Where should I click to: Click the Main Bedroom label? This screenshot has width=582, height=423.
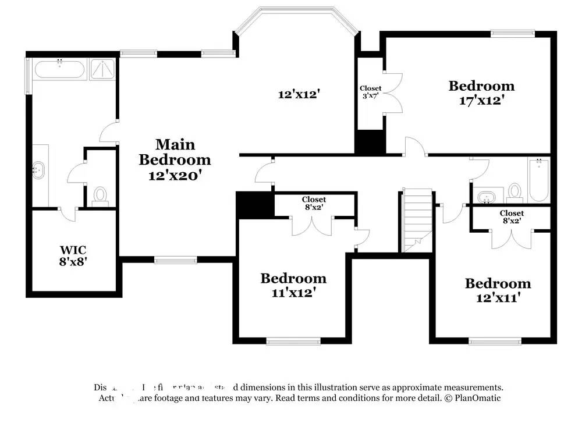tap(175, 151)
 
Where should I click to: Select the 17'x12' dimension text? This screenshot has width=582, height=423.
tap(481, 100)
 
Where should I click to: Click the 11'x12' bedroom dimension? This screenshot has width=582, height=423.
tap(293, 293)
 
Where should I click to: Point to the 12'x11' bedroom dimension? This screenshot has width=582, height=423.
tap(498, 298)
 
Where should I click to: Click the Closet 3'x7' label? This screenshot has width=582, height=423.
tap(370, 92)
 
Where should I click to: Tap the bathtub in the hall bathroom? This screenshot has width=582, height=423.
tap(538, 179)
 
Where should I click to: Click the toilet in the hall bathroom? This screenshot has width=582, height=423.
tap(514, 191)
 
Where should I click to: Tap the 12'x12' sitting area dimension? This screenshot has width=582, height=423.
tap(300, 94)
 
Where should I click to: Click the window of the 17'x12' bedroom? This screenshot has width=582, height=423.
tap(512, 33)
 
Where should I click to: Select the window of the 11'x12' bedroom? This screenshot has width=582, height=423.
tap(293, 341)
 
